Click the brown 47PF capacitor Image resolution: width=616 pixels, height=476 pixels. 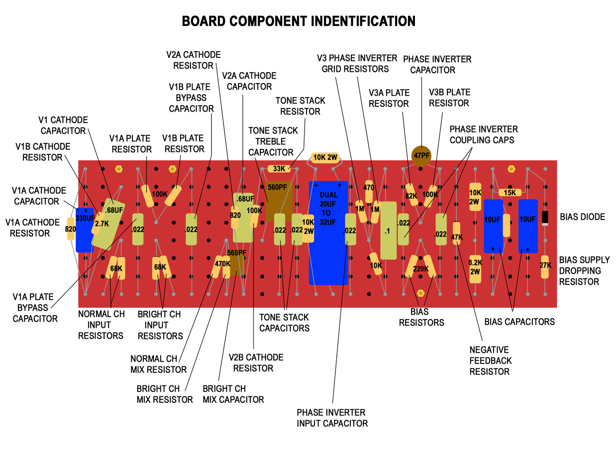421,155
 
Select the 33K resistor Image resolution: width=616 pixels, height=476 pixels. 279,169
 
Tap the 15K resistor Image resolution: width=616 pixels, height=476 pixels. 510,193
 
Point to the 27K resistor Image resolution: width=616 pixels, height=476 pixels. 545,265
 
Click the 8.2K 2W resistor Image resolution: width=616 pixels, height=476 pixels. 475,267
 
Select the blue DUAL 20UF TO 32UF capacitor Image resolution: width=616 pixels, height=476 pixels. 327,232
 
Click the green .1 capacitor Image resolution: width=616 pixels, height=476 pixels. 388,231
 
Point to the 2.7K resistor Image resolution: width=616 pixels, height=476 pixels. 101,224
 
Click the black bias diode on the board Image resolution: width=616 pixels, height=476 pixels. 545,217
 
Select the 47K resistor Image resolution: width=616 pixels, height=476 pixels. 457,237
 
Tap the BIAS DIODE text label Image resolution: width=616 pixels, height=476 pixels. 582,217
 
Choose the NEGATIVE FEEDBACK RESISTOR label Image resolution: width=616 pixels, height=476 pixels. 490,360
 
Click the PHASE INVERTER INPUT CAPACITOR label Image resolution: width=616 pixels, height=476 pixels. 332,418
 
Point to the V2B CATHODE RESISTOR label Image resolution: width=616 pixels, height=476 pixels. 255,362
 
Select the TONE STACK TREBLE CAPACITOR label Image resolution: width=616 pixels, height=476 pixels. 272,141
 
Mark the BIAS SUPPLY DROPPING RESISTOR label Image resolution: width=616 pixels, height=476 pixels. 584,270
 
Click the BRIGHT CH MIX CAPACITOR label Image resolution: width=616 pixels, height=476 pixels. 233,394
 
